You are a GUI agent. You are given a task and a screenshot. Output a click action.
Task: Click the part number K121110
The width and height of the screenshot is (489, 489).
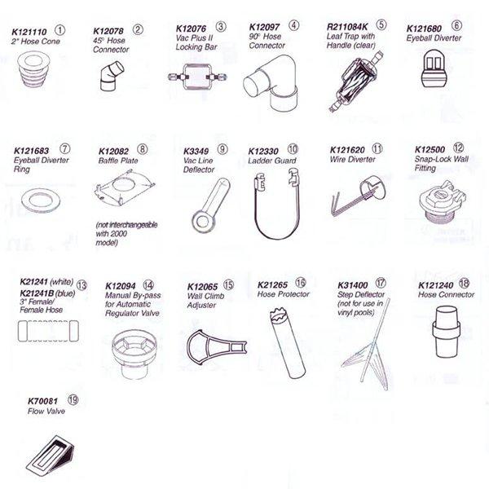[29, 32]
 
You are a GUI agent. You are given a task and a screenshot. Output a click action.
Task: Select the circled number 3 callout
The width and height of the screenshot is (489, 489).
[221, 27]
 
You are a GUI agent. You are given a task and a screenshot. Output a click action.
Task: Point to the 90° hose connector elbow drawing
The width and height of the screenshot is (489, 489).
[271, 82]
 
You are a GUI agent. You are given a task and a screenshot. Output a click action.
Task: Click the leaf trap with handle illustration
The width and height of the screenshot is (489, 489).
[355, 81]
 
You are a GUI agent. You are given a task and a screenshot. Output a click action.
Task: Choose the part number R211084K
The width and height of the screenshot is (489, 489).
[347, 27]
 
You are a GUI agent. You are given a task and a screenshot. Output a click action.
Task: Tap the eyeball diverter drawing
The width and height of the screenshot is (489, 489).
[434, 68]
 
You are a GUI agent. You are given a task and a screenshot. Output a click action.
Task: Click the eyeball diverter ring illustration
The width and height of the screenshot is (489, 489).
[42, 200]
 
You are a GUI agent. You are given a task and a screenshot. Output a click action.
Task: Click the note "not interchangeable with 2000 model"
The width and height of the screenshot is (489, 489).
[126, 234]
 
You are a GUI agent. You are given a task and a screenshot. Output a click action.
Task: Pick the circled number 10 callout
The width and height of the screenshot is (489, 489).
[293, 149]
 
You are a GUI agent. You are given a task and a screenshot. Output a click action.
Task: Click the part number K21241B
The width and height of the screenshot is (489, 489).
[37, 293]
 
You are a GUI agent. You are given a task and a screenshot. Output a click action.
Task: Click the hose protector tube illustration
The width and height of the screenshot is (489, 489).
[287, 343]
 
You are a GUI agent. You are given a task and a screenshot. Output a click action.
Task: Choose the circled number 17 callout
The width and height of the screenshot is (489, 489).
[381, 283]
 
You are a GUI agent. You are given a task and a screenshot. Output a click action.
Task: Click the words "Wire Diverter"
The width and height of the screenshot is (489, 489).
[352, 160]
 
